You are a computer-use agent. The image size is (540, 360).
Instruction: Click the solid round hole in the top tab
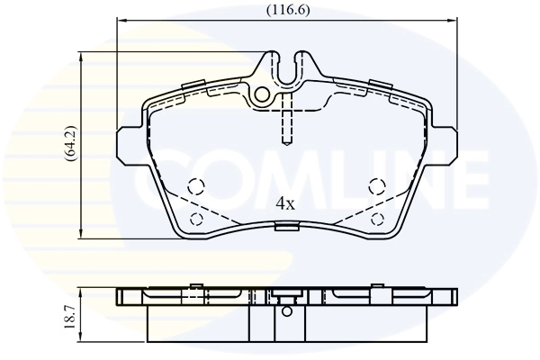tap(263, 94)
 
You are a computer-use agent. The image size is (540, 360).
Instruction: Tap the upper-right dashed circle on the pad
tap(378, 186)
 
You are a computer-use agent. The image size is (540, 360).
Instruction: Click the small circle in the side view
tap(287, 312)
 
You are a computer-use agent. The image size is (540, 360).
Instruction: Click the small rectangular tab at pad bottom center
tap(286, 227)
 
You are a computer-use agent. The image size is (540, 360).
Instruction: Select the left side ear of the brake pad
tap(126, 144)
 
